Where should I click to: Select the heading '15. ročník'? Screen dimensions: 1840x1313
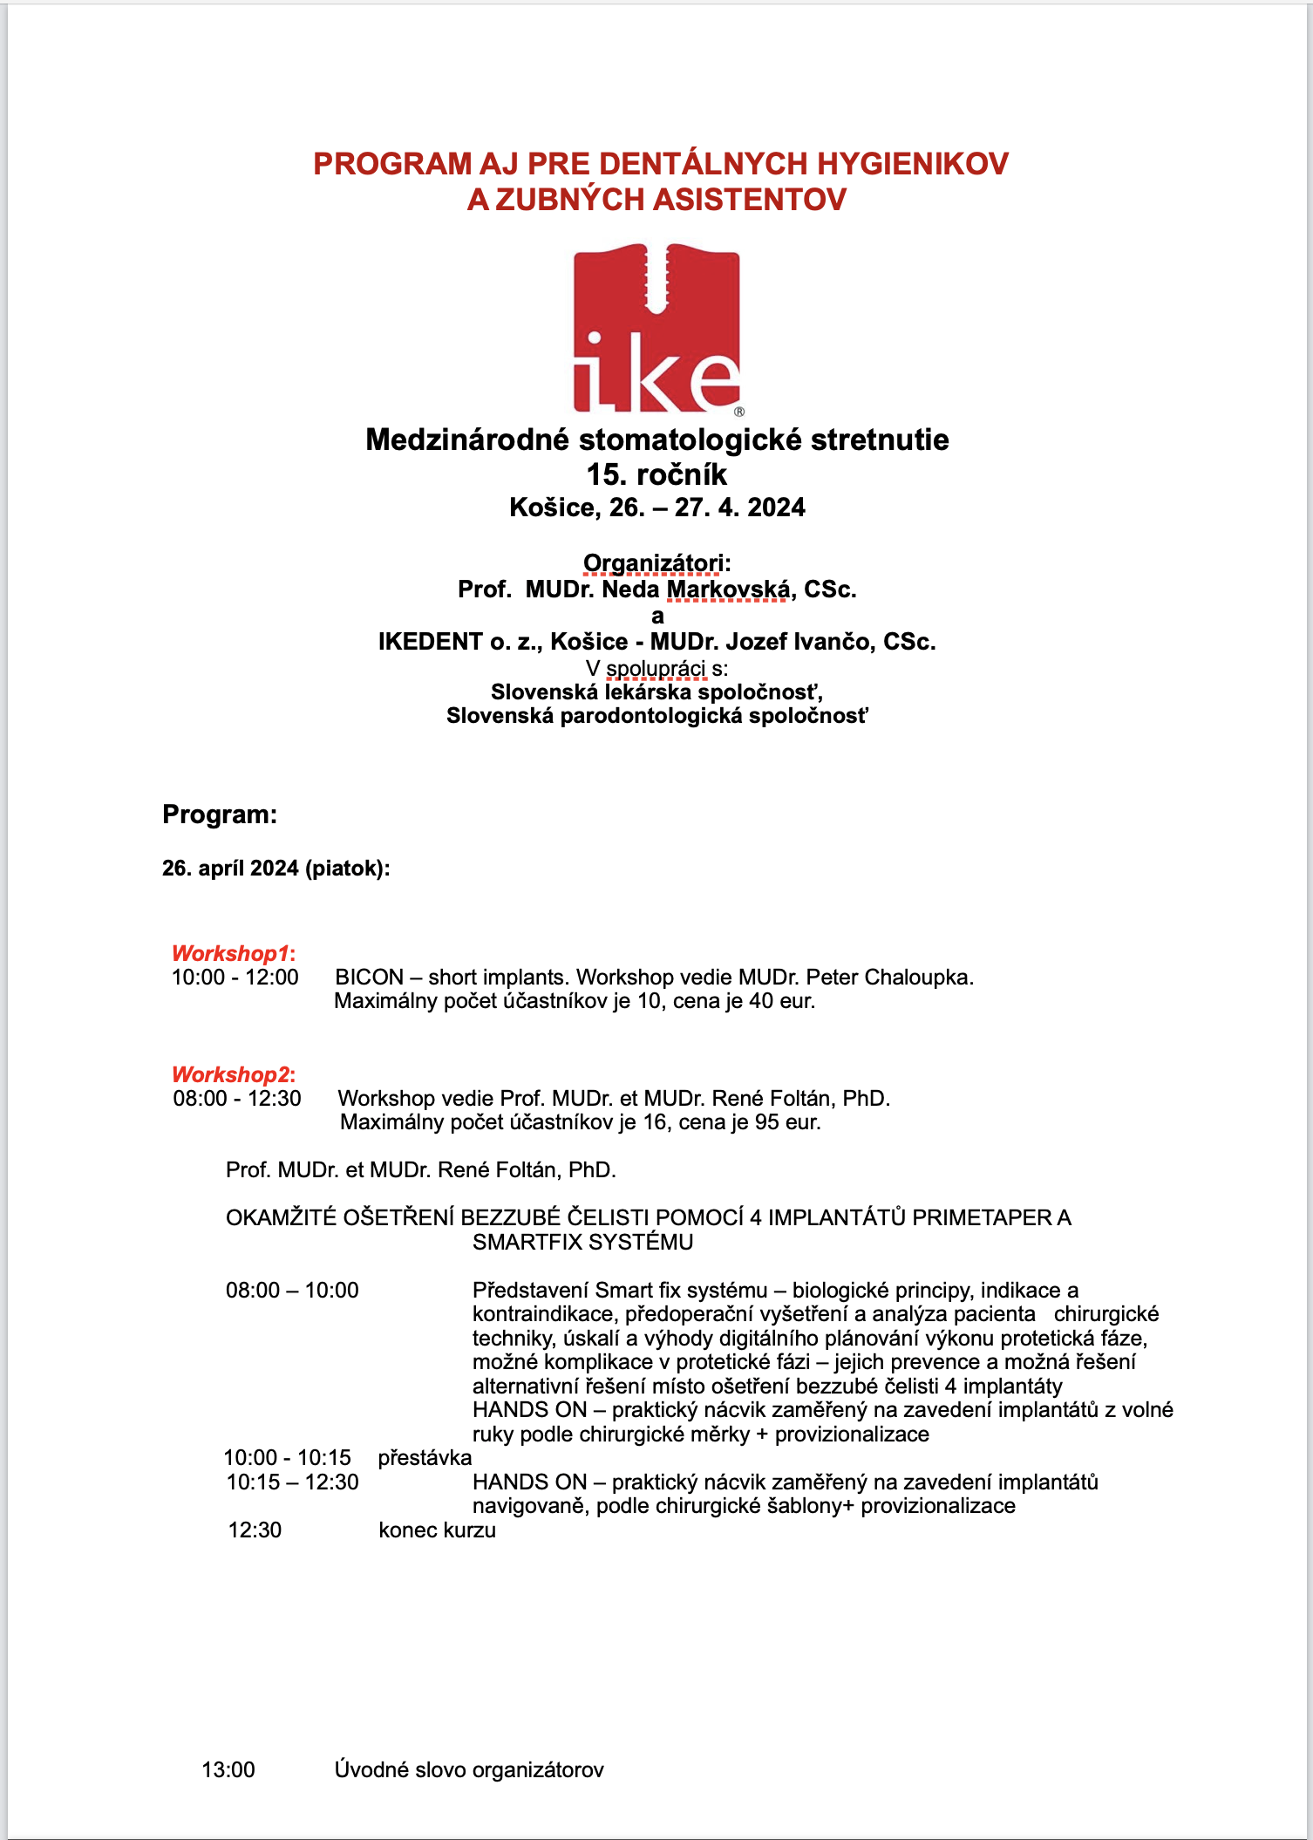[656, 474]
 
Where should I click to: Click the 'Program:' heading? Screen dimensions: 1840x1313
[220, 814]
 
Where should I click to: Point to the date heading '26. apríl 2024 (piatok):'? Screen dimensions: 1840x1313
[276, 869]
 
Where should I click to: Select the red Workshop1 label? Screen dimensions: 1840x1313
[233, 953]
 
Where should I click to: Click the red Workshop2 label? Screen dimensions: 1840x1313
[233, 1074]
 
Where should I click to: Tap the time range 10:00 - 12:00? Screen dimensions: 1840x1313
[235, 978]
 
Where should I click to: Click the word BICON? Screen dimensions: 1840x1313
[370, 978]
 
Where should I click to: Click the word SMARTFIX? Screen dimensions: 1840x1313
[531, 1242]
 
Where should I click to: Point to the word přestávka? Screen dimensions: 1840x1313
[425, 1457]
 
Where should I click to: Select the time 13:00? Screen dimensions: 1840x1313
[228, 1769]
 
